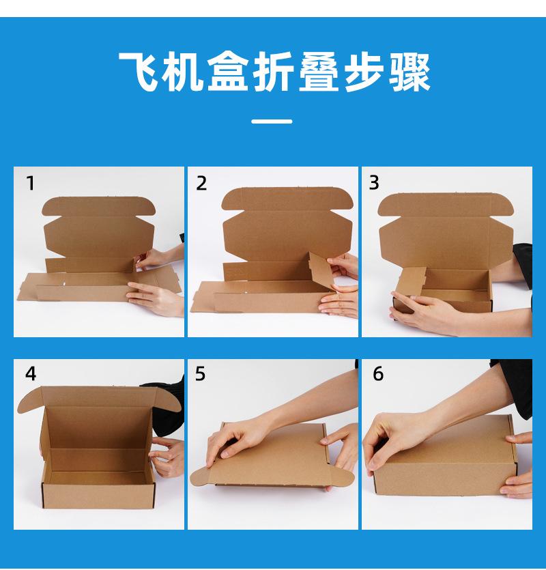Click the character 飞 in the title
click(140, 72)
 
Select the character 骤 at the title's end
click(409, 72)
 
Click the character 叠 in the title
click(319, 72)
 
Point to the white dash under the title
click(272, 122)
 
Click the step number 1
click(31, 183)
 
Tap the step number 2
click(201, 183)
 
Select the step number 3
click(374, 182)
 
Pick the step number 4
click(31, 373)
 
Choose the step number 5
click(200, 373)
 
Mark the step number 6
click(378, 373)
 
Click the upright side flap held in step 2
click(321, 269)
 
